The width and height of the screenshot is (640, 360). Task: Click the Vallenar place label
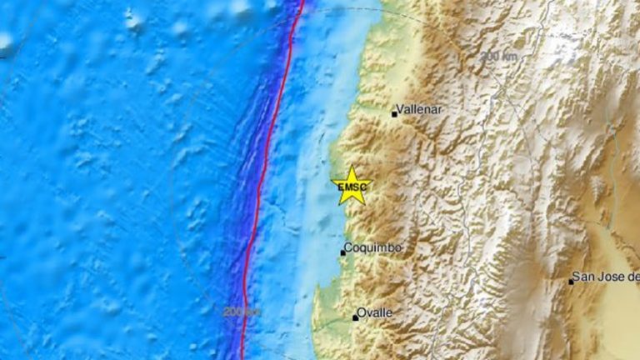(x=419, y=109)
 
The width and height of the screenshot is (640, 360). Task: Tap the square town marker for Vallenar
(x=394, y=114)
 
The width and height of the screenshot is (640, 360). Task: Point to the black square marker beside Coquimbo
(x=342, y=252)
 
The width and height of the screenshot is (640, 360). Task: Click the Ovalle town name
(x=375, y=312)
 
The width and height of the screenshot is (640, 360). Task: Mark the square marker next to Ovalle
(x=355, y=317)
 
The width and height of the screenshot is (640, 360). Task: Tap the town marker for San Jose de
(x=571, y=282)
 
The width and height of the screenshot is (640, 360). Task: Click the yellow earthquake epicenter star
(x=351, y=186)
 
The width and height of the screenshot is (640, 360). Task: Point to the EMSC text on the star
(x=351, y=189)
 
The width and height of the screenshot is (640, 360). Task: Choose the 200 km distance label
(x=241, y=312)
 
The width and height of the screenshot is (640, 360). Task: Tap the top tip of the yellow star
(x=352, y=167)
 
